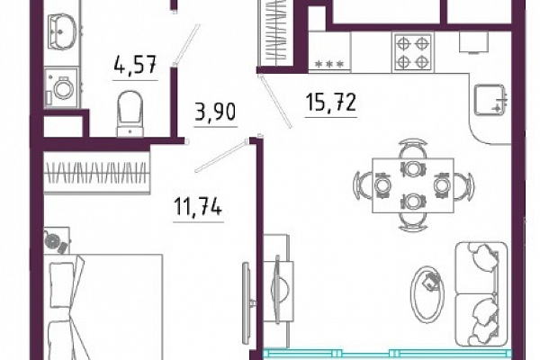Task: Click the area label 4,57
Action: (x=135, y=64)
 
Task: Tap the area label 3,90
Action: (x=216, y=112)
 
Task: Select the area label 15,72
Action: (x=330, y=103)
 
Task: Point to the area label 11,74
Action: (x=198, y=207)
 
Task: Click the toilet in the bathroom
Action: (x=130, y=113)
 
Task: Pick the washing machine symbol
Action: (x=61, y=87)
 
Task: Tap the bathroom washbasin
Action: (x=62, y=31)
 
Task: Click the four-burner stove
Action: (x=412, y=53)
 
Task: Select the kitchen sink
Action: (x=490, y=100)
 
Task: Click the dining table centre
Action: (x=413, y=185)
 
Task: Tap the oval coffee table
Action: (x=427, y=294)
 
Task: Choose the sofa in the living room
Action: (x=481, y=294)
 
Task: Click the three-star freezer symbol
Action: (x=329, y=64)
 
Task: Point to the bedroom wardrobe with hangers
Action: (x=97, y=173)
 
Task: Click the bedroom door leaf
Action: (x=220, y=156)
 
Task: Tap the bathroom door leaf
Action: (x=186, y=44)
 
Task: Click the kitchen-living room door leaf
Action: (x=275, y=102)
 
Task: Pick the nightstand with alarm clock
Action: (x=57, y=240)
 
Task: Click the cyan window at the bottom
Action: (x=387, y=354)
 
